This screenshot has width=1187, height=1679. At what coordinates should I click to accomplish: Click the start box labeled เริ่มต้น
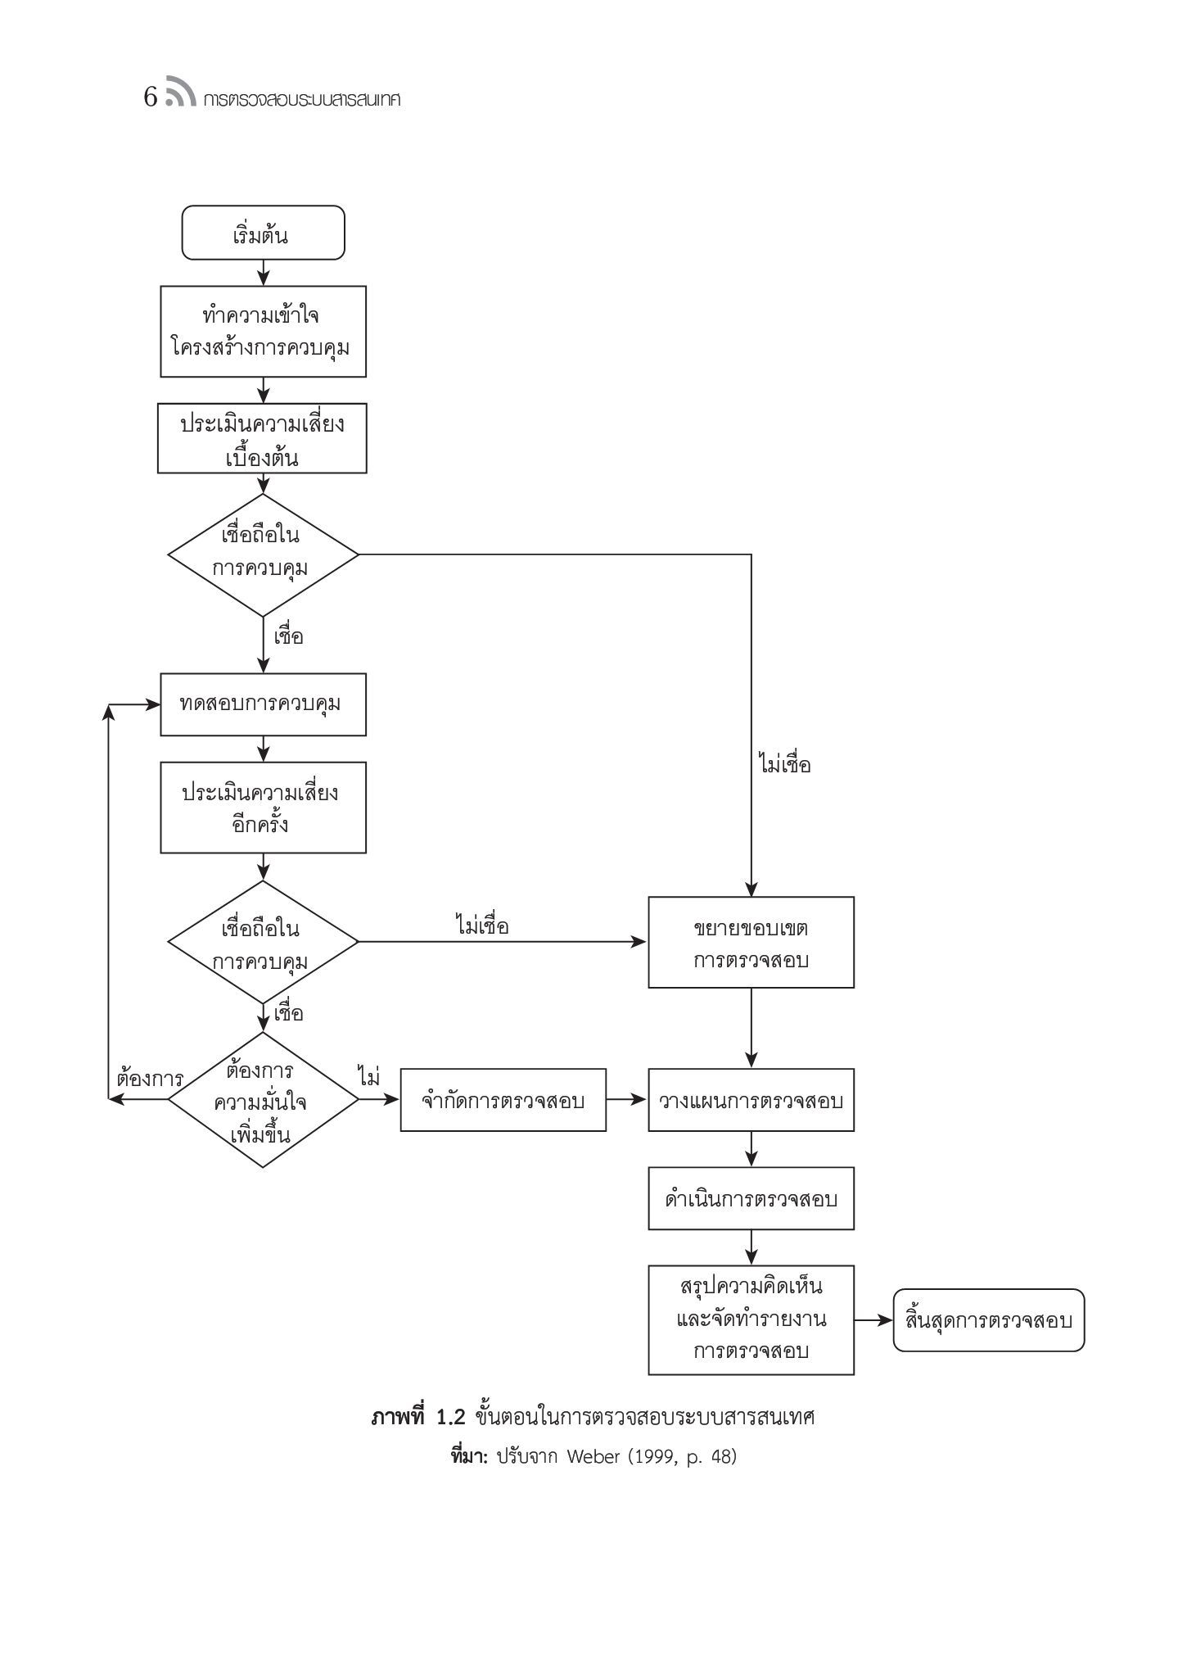click(263, 233)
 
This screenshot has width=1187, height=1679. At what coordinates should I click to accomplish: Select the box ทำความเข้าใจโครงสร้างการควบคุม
click(263, 331)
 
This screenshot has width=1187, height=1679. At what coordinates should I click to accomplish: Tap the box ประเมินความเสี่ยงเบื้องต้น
click(262, 438)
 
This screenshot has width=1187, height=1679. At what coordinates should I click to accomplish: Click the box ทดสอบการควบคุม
click(263, 704)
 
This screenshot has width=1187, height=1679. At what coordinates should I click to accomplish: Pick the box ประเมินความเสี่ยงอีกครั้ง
click(263, 808)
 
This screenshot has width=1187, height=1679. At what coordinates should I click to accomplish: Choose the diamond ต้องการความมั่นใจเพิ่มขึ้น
click(263, 1100)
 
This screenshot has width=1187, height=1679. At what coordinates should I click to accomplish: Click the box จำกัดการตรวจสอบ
click(503, 1100)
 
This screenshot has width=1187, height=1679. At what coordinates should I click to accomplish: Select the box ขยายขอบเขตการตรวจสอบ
click(751, 942)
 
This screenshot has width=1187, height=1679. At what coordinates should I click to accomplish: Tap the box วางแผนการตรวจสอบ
click(751, 1100)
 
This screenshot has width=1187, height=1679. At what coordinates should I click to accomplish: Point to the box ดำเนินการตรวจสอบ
click(751, 1198)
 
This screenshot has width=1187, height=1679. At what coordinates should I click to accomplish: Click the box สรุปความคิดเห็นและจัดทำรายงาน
click(751, 1319)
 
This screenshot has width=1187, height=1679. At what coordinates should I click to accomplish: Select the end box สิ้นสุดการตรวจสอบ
click(989, 1319)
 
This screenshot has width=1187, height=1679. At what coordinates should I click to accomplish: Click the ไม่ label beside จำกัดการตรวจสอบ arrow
click(368, 1076)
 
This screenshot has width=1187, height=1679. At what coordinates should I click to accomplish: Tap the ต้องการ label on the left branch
click(150, 1077)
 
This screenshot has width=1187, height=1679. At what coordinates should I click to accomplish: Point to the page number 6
click(151, 98)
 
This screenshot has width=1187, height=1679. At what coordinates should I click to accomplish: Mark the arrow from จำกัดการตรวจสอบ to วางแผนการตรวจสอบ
click(627, 1100)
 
